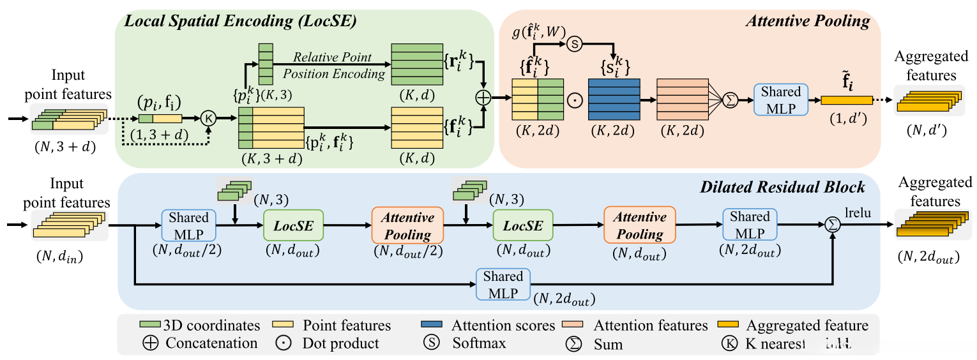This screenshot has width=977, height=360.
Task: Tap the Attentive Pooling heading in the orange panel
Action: [x=808, y=21]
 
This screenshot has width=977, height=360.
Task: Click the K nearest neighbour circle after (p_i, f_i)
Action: [x=209, y=118]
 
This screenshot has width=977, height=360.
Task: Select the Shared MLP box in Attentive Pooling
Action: [x=780, y=100]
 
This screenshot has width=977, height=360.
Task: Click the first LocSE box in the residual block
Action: [x=293, y=225]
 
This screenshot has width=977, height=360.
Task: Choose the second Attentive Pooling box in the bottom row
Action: [x=640, y=225]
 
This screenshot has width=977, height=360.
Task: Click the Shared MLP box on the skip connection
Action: [x=503, y=284]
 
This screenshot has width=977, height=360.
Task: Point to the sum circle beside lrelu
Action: [x=832, y=225]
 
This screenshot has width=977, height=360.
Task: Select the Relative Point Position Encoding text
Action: [x=334, y=64]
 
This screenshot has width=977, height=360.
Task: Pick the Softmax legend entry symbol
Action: [x=431, y=343]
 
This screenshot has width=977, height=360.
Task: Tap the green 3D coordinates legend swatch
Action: [x=149, y=326]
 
